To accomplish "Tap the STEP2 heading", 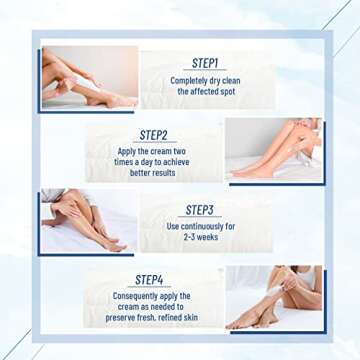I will coord(153,134).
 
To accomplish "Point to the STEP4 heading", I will coord(151,280).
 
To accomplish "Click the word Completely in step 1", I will coord(188,79).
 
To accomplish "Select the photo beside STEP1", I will coord(88,78).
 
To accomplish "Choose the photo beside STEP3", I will coord(88,222).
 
